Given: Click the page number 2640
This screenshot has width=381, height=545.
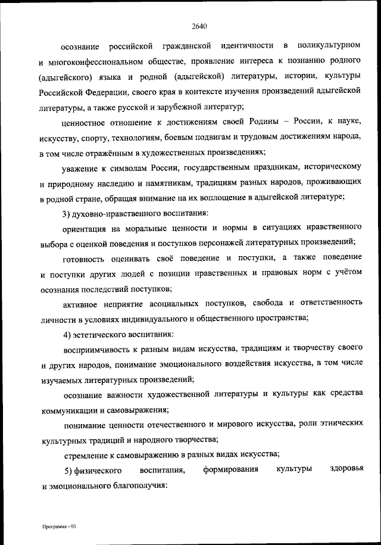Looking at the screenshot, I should point(199,25).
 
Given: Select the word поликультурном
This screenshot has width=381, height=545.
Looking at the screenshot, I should point(330,45).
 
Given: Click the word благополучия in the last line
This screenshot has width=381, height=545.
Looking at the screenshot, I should point(132,485).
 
